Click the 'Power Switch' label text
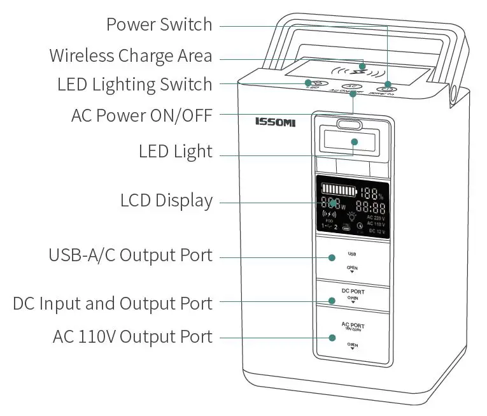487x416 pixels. (x=159, y=25)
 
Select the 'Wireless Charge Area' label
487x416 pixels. (x=131, y=55)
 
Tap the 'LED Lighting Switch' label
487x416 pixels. (x=134, y=84)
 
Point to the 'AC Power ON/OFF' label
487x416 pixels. (x=142, y=117)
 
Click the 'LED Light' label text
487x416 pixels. (x=175, y=152)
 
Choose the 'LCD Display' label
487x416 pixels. (x=166, y=201)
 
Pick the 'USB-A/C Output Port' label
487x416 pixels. (x=131, y=255)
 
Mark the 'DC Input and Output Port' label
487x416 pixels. (x=113, y=303)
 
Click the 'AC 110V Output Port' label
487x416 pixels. (x=132, y=336)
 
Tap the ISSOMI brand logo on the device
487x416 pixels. (x=275, y=122)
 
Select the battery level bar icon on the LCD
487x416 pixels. (x=338, y=190)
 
